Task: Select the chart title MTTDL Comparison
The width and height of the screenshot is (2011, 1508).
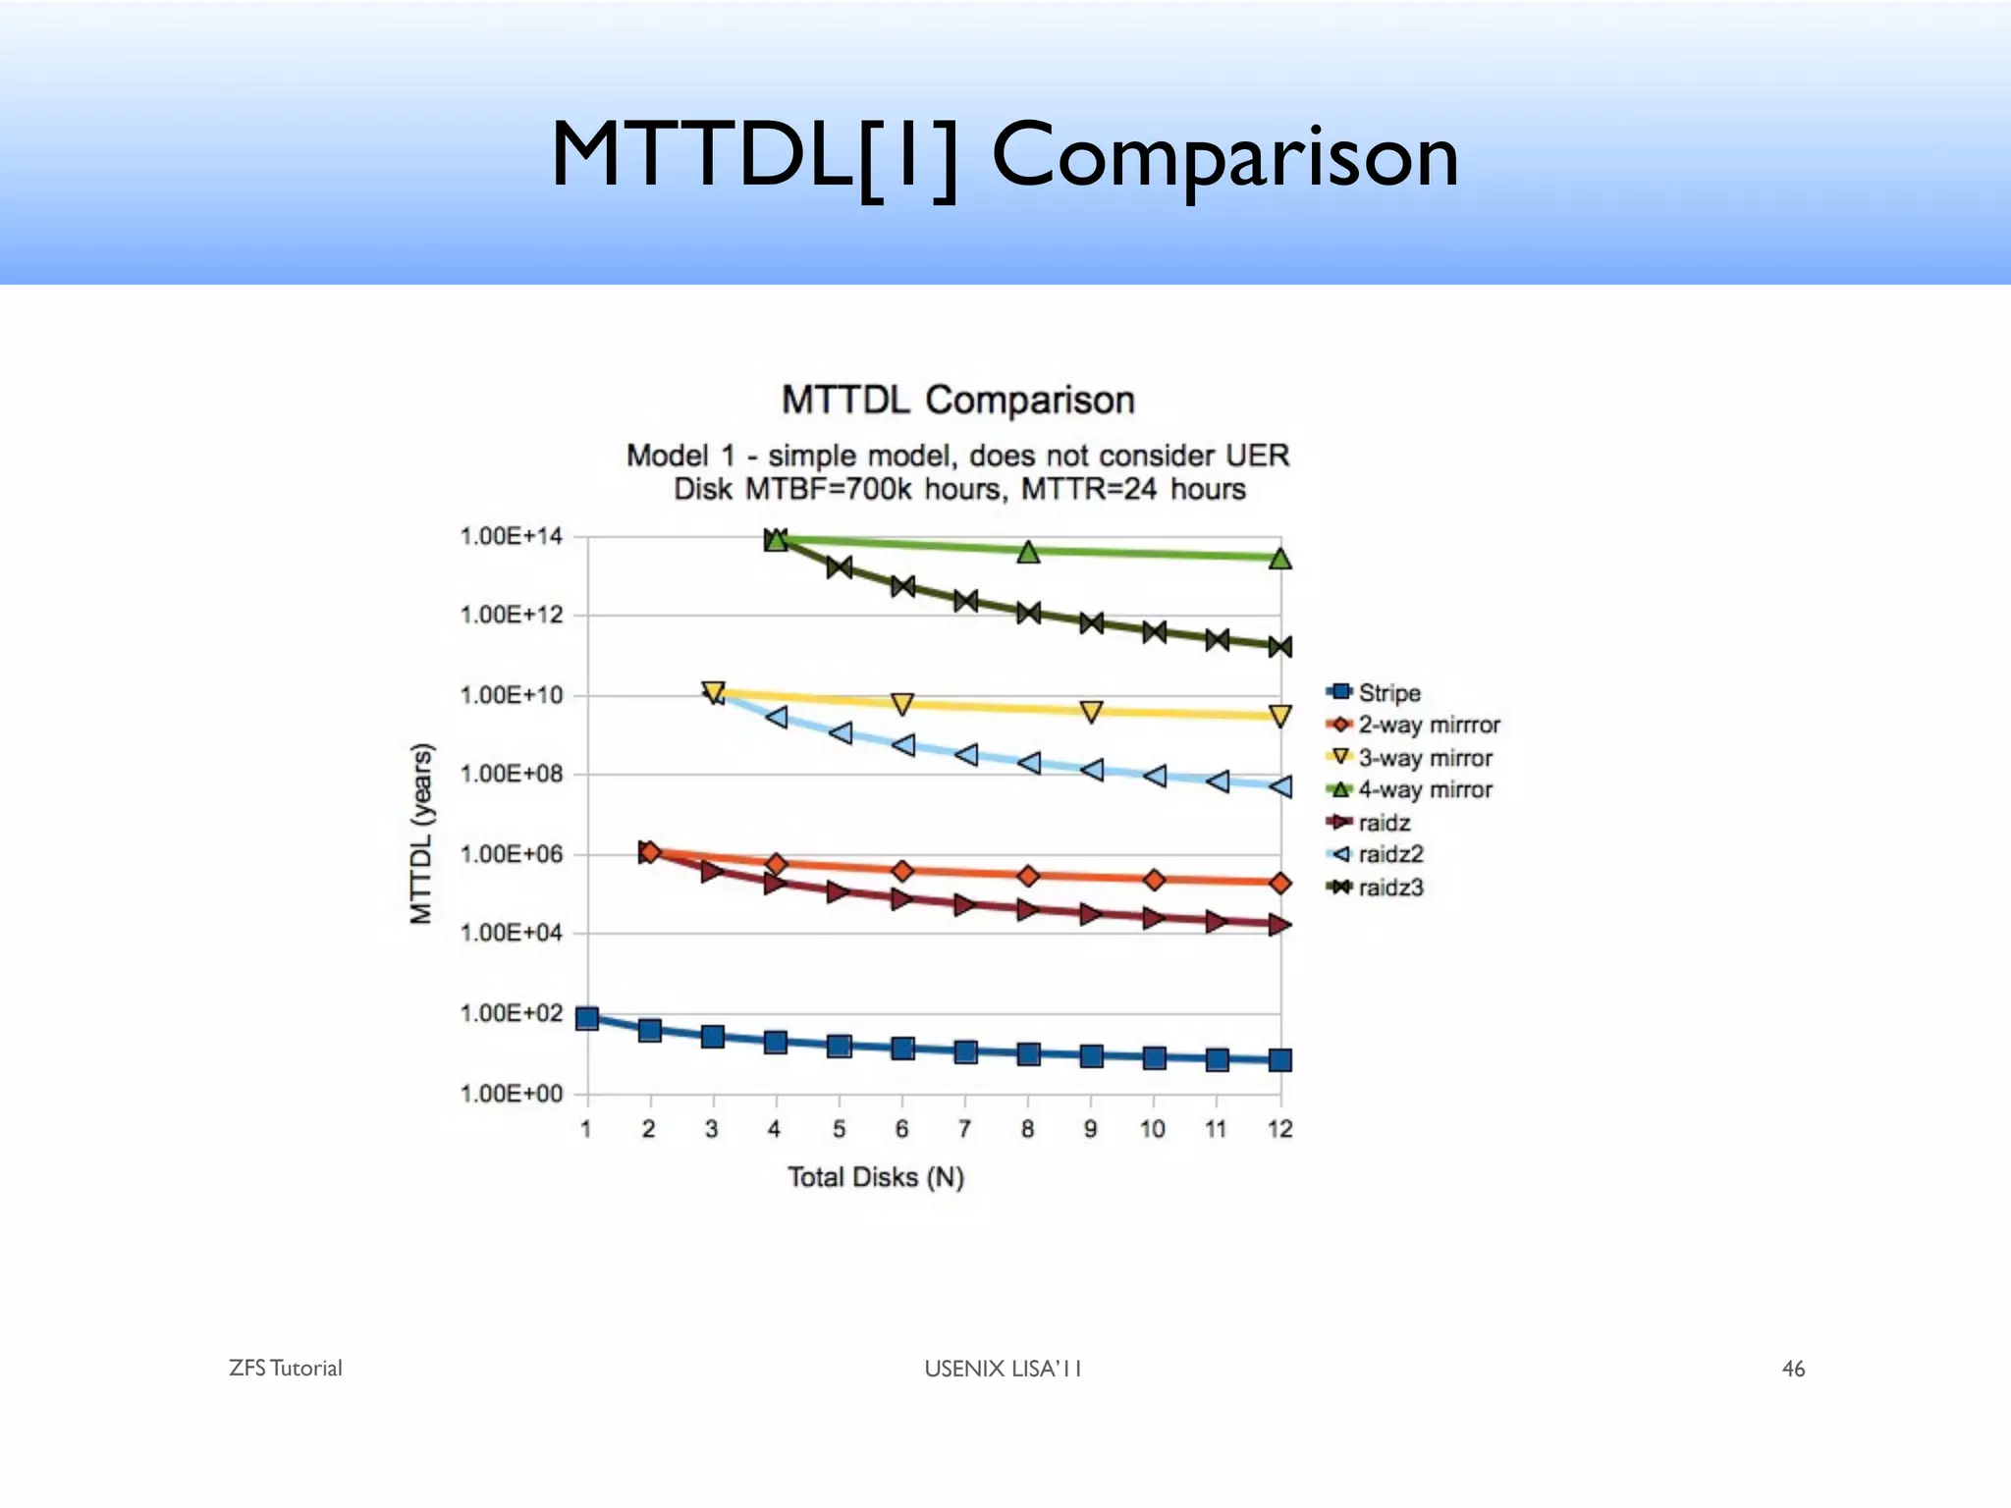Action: [957, 401]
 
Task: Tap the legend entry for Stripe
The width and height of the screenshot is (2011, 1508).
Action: [1388, 692]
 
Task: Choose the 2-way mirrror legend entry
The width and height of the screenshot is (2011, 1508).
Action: [1428, 725]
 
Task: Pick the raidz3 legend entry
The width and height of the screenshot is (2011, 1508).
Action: [1389, 888]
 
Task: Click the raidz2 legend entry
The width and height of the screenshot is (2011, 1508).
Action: [1389, 854]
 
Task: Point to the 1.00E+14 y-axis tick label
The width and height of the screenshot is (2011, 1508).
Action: [511, 536]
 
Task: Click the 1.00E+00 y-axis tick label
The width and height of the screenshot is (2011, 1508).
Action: [511, 1094]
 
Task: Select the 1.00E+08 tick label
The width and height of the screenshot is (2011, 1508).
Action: [511, 775]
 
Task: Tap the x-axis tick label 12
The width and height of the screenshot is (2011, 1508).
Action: [1279, 1129]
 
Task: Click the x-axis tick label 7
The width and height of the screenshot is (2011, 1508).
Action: [964, 1129]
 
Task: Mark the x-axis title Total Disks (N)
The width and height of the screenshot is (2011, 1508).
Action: [876, 1177]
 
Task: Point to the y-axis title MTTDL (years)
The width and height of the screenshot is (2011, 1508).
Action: [421, 834]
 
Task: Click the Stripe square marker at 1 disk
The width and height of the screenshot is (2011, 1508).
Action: [587, 1018]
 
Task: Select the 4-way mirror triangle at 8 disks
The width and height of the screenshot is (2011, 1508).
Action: [1028, 552]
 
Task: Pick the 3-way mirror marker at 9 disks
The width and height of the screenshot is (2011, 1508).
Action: [1091, 712]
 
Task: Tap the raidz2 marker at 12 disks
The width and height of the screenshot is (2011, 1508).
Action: [1279, 786]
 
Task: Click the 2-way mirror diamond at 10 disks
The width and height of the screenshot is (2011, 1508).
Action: [1155, 880]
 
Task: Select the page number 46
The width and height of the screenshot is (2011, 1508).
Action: [1793, 1369]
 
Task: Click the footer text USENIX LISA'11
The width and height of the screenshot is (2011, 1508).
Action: [1003, 1369]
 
